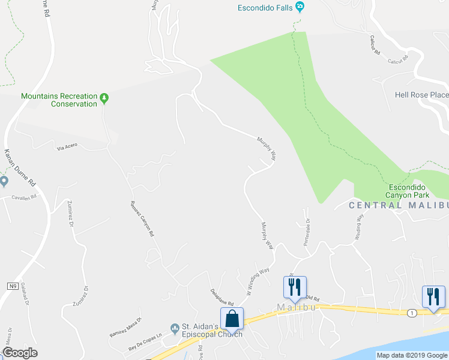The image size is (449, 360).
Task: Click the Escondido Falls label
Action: [265, 8]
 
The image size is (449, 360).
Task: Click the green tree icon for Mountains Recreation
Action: [104, 97]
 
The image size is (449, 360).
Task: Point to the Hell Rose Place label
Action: [421, 95]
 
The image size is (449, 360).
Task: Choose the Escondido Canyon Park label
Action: [416, 190]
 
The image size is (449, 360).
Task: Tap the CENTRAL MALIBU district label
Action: [399, 205]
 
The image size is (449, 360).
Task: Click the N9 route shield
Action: [12, 286]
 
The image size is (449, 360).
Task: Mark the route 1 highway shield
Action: [411, 313]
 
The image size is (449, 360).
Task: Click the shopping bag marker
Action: [232, 320]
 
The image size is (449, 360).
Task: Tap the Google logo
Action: [20, 353]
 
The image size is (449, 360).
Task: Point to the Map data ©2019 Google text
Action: [411, 355]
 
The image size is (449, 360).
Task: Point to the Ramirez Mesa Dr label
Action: [125, 326]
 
